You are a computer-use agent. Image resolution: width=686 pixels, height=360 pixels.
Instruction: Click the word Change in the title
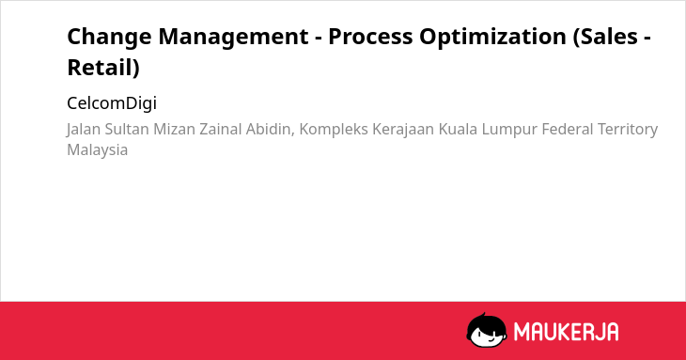109,38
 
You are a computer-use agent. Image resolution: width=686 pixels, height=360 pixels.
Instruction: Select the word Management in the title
233,38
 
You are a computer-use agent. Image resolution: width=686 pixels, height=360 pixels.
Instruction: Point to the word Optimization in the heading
492,38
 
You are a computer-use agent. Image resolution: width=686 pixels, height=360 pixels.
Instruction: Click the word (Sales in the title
605,37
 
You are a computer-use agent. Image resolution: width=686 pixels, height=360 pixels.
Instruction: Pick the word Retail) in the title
103,68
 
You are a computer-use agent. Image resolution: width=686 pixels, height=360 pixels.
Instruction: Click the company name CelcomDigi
112,103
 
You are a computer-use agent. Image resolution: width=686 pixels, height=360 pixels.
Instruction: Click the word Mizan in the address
174,129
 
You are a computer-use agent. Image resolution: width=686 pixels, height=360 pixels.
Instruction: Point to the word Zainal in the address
221,129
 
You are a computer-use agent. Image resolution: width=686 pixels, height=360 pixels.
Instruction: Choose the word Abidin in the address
268,129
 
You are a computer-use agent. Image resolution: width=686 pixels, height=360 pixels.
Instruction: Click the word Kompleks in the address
334,130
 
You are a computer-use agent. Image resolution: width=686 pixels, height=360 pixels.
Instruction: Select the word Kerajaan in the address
403,130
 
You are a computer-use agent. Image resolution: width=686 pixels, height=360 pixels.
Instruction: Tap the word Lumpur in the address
509,130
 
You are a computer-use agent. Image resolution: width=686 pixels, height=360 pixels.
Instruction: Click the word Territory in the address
628,130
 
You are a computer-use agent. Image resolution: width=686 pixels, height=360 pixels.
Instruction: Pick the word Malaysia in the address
97,150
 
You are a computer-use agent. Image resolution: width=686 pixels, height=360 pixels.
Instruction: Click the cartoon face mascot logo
487,330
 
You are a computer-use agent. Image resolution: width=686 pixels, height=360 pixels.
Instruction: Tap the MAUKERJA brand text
566,332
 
